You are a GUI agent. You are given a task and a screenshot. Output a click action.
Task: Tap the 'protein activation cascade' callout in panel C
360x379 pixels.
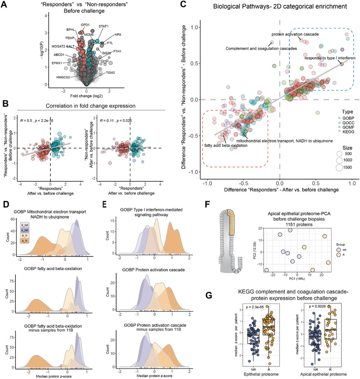(296, 34)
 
